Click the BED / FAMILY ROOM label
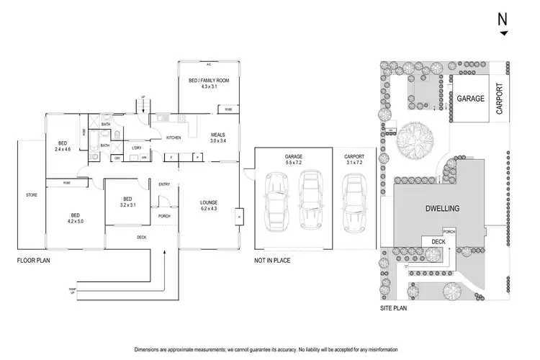tap(208, 84)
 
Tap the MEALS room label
tap(217, 138)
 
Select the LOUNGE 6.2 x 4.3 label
tap(209, 205)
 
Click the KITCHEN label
tap(174, 138)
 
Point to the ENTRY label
tap(164, 184)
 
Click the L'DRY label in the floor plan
tap(136, 148)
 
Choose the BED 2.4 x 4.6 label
tap(63, 146)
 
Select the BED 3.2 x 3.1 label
tap(127, 202)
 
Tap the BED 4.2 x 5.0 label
tap(75, 217)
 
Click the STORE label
tap(30, 194)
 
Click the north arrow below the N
tap(503, 34)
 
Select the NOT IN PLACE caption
tap(272, 260)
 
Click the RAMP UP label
tap(71, 290)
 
